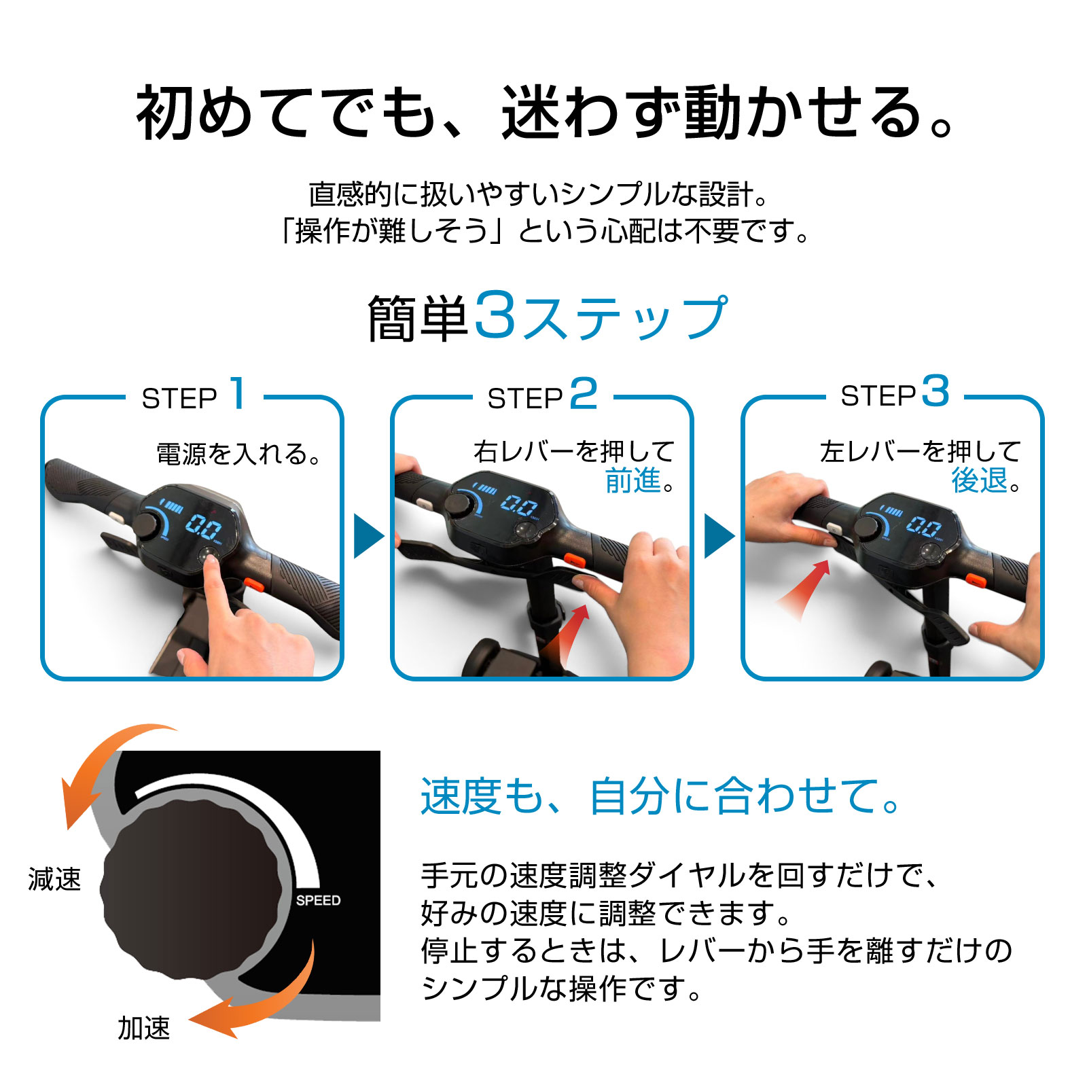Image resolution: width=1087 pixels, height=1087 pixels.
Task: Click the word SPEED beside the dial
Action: click(318, 900)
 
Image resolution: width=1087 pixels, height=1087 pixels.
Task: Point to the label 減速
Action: click(54, 879)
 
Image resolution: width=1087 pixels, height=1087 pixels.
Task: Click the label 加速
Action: click(144, 1028)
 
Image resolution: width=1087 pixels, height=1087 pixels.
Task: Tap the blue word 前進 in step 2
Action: click(632, 480)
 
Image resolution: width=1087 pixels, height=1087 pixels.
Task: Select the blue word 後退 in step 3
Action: click(979, 480)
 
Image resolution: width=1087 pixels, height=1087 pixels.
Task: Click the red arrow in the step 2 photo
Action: click(567, 635)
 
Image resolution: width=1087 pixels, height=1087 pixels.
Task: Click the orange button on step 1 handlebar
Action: click(254, 583)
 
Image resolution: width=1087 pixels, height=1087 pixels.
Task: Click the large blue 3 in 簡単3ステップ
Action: click(495, 314)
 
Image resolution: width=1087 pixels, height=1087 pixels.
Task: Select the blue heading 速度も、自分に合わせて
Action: click(660, 796)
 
